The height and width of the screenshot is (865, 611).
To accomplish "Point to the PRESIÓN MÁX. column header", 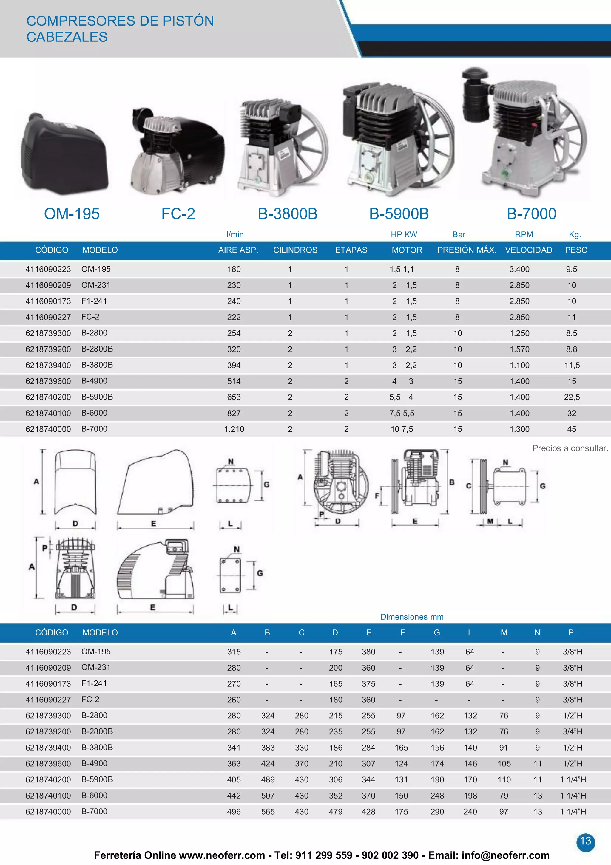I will coord(466,250).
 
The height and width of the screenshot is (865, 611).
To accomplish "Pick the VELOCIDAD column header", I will coord(528,250).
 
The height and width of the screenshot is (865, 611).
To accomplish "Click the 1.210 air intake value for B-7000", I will coord(234,429).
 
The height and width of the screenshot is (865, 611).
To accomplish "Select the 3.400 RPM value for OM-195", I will coord(519,269).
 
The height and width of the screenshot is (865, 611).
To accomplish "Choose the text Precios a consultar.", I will coord(570,448).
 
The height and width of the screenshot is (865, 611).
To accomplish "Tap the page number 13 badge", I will coord(585,841).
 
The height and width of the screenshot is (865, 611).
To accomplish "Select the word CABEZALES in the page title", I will coord(67,37).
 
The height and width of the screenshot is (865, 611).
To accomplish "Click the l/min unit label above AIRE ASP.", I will coord(235,234).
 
